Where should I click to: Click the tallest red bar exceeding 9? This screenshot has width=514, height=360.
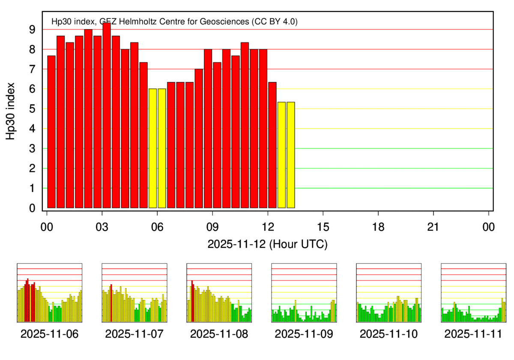[x=107, y=116]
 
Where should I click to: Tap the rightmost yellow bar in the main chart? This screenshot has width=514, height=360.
[x=291, y=155]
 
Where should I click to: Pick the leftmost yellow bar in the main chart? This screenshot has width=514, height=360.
[x=152, y=148]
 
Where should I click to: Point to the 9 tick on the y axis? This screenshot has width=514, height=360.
[x=32, y=30]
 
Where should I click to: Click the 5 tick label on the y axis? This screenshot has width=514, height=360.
[x=32, y=109]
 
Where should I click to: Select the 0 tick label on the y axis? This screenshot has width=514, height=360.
[x=32, y=208]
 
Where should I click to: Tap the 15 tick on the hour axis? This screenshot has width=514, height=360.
[x=323, y=227]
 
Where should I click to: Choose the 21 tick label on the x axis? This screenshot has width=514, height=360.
[x=433, y=227]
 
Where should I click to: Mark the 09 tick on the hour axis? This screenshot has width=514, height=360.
[x=212, y=227]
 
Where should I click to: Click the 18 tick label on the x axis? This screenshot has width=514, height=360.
[x=378, y=227]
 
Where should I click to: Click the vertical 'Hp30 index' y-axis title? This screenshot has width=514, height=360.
[x=12, y=111]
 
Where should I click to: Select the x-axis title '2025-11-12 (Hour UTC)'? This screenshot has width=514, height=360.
[x=268, y=245]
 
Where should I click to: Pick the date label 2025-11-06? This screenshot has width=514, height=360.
[x=49, y=334]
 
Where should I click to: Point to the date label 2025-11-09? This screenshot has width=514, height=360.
[x=304, y=334]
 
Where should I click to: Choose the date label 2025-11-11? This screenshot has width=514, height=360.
[x=473, y=334]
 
